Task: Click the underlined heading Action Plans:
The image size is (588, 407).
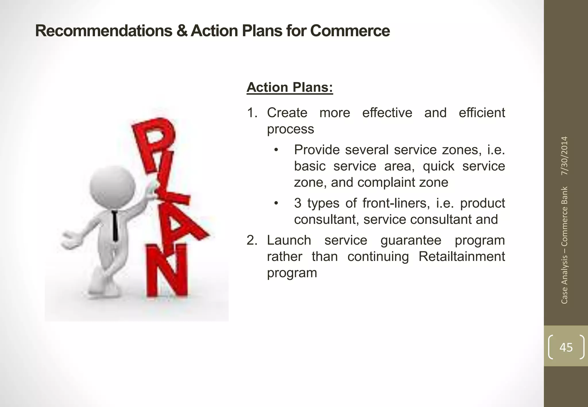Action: coord(289,87)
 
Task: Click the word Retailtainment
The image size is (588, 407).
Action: coord(461,256)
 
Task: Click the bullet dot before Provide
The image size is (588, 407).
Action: coord(276,150)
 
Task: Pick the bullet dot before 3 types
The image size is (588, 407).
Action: coord(276,203)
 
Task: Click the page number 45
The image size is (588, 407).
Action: coord(566,347)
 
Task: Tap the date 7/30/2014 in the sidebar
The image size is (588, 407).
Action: coord(564,156)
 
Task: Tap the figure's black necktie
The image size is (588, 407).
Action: coord(115,225)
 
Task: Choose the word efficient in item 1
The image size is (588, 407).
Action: coord(481,113)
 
